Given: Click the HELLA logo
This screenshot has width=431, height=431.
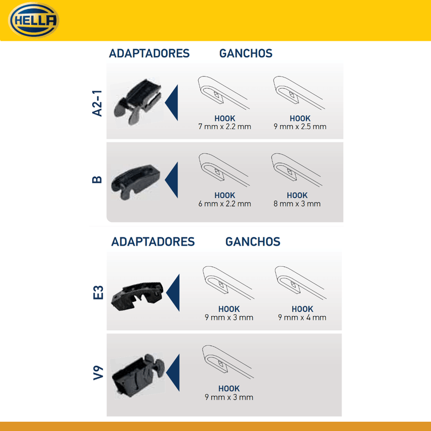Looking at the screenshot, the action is [34, 20].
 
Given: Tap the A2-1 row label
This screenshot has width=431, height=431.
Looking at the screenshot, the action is [97, 103].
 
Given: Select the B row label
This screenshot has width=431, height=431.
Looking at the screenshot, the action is [97, 179].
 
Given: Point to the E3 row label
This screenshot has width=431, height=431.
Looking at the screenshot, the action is [98, 293].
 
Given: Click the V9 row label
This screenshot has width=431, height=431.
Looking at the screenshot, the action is [98, 373].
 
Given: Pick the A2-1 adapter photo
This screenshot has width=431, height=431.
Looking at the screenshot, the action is [137, 102].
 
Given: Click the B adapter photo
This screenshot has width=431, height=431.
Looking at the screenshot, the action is [136, 182].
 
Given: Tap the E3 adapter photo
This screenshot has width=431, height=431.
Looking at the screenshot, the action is [137, 296].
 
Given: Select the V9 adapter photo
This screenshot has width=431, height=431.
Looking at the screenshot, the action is [138, 376].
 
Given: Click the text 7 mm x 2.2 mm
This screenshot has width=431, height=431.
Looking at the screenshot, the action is [225, 127].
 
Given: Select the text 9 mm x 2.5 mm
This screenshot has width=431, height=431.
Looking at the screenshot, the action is [300, 127].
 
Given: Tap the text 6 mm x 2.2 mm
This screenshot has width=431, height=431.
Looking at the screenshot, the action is [225, 204].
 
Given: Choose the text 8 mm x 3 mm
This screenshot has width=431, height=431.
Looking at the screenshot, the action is [297, 204].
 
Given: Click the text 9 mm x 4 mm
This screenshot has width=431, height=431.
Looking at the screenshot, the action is [302, 317].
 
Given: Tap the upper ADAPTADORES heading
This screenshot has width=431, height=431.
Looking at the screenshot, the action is [149, 53].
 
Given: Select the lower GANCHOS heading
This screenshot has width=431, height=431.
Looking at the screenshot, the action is [253, 242].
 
